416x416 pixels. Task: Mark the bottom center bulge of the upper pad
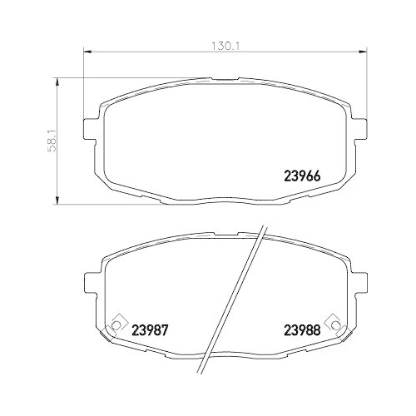pyautogui.click(x=225, y=200)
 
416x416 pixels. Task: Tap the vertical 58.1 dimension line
pyautogui.click(x=57, y=166)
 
